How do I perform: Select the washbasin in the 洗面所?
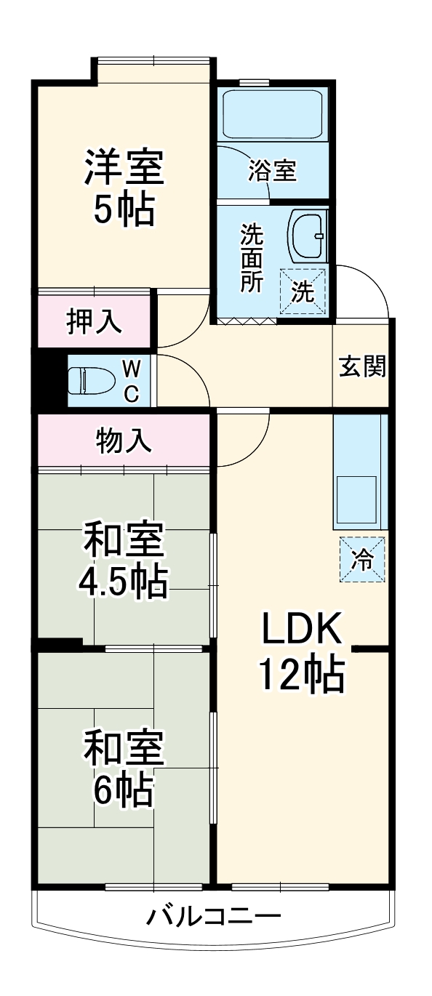tap(308, 236)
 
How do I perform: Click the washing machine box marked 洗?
tap(303, 291)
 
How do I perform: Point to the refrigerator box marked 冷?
tap(361, 558)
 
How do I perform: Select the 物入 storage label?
tap(124, 441)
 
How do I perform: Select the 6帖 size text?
tap(123, 790)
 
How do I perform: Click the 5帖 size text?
tap(123, 209)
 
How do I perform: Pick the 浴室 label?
tap(273, 171)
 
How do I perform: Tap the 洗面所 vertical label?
tap(252, 258)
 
